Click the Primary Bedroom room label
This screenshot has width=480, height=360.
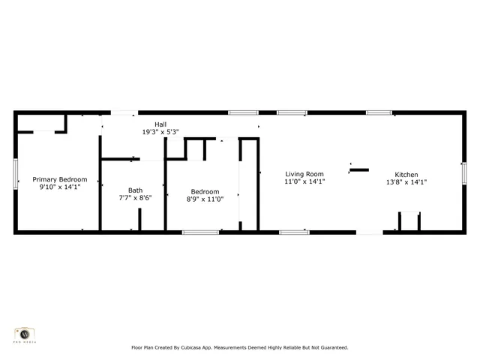tap(60, 179)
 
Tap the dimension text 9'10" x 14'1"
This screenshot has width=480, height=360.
tap(60, 187)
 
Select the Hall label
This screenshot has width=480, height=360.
tap(160, 124)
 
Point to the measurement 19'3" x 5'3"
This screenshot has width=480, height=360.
tap(160, 131)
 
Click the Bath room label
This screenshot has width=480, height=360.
tap(135, 190)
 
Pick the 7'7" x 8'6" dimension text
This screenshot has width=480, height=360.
tap(135, 198)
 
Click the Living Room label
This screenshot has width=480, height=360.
tap(304, 174)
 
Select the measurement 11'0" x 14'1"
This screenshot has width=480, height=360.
tap(304, 181)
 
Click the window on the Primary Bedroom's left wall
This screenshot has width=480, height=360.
tap(16, 174)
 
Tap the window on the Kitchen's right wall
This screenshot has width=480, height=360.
tap(463, 173)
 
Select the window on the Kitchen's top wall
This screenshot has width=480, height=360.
tap(379, 112)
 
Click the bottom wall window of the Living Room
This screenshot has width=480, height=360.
tap(294, 232)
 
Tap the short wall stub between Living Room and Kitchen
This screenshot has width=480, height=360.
tap(359, 169)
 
